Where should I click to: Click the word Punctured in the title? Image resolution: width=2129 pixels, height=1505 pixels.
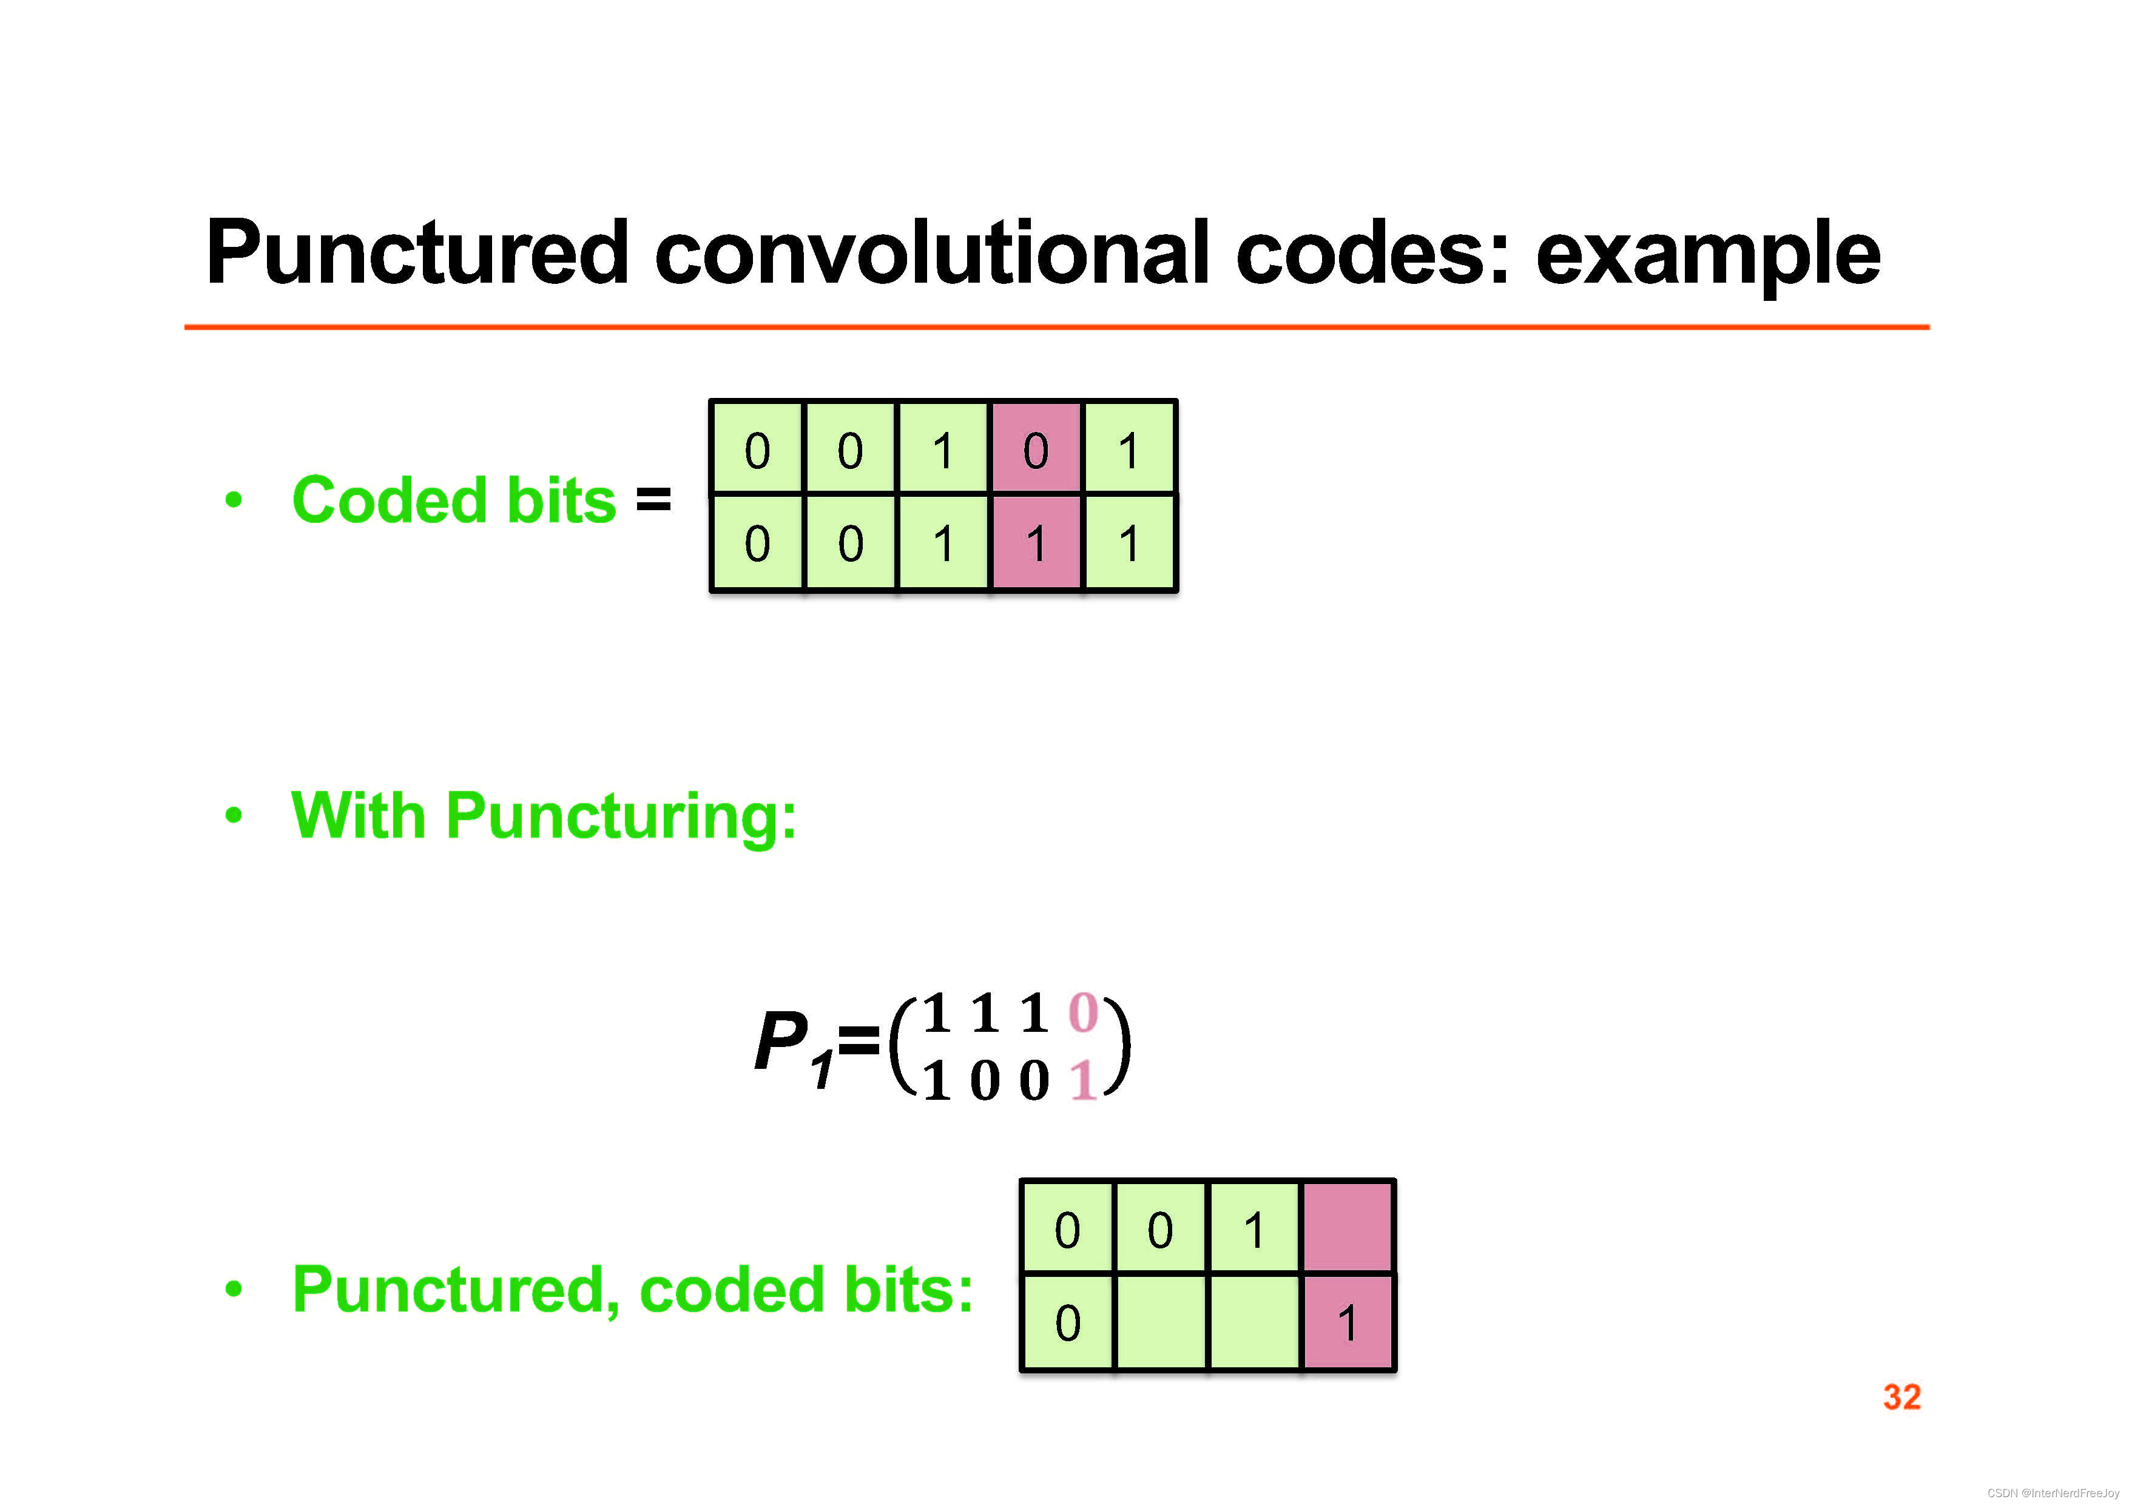(x=417, y=252)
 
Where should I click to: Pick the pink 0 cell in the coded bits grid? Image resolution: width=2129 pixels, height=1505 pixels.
(x=1036, y=449)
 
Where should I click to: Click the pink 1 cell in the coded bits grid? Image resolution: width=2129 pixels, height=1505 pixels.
(x=1036, y=542)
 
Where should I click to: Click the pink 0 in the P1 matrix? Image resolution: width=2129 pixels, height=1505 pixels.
(x=1083, y=1012)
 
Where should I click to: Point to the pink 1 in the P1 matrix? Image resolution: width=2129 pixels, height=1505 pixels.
(x=1082, y=1080)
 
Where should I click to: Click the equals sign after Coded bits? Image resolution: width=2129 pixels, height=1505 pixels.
(x=653, y=500)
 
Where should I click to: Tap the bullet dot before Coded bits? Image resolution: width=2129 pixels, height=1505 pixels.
(x=234, y=500)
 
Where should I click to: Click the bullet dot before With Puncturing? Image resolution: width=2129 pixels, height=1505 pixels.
(x=234, y=816)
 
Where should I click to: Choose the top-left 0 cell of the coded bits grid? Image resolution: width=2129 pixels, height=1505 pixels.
(x=758, y=449)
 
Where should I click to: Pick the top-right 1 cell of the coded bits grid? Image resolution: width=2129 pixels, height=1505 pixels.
(x=1129, y=449)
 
